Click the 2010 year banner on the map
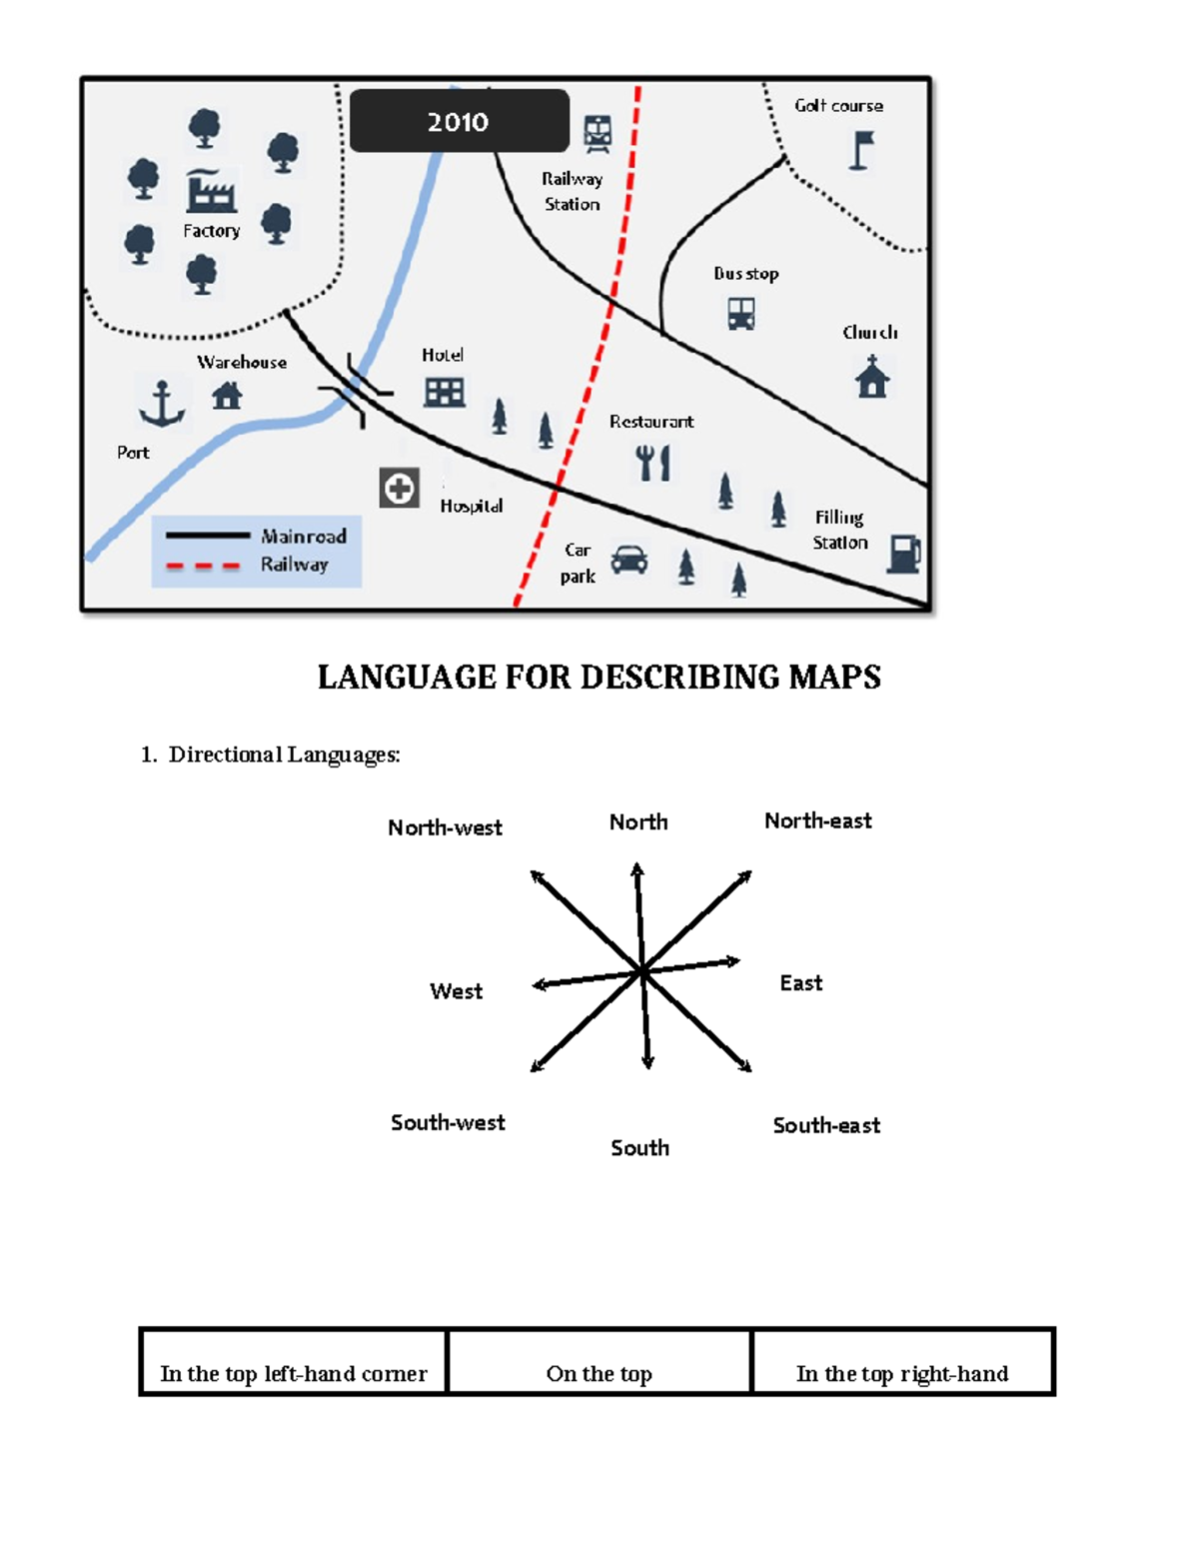[x=459, y=121]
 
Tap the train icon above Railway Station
[x=598, y=133]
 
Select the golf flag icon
[x=860, y=151]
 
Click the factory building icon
[x=211, y=191]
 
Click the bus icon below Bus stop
[x=740, y=314]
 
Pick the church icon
[x=872, y=377]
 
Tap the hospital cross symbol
[x=399, y=489]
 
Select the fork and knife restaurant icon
[x=652, y=463]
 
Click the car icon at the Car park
[x=628, y=560]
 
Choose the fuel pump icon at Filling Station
[x=903, y=554]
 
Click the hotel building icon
[x=444, y=392]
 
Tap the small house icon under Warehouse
[x=227, y=396]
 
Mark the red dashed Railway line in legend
[x=203, y=566]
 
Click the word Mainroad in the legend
[x=303, y=537]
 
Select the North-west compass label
[x=445, y=827]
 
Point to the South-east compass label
[x=826, y=1125]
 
